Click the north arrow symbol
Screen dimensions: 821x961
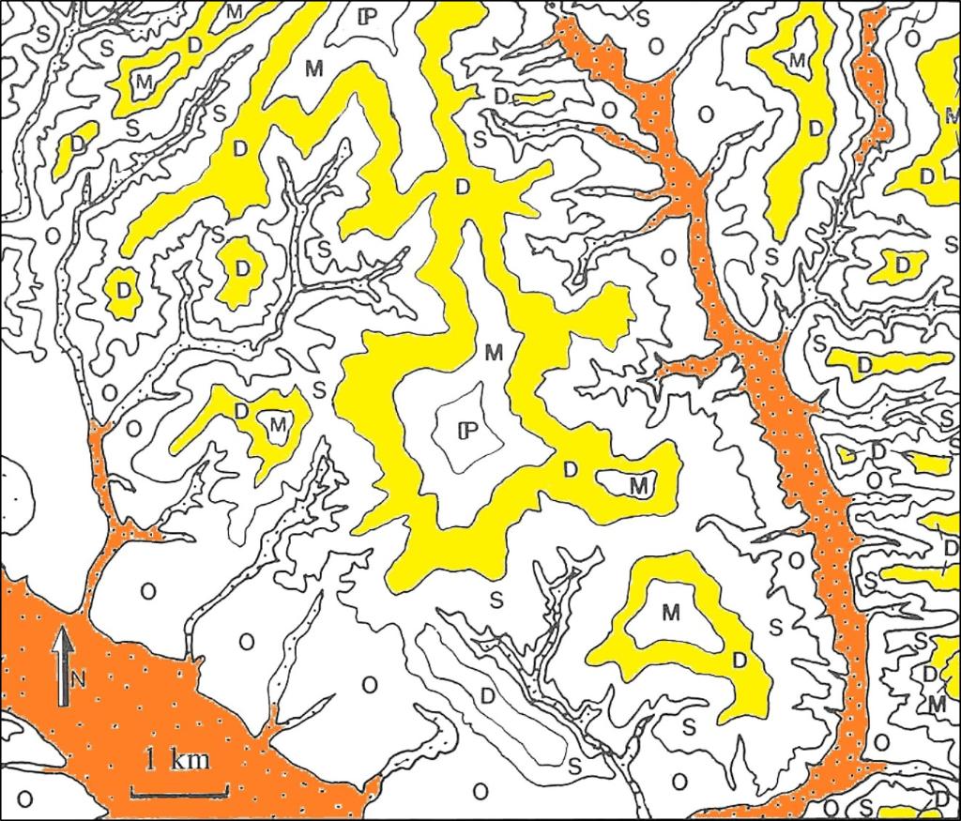coord(63,666)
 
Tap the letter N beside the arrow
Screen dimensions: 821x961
coord(79,681)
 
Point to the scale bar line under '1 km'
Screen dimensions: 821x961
coord(178,794)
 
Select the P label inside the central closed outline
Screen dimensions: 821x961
coord(465,431)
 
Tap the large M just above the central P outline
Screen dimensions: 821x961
coord(496,353)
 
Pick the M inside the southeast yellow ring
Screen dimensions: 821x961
coord(670,613)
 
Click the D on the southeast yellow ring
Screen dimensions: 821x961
coord(739,660)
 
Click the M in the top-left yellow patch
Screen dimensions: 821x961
coord(144,82)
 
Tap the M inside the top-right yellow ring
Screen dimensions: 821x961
coord(798,60)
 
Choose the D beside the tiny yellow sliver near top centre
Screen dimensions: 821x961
coord(502,97)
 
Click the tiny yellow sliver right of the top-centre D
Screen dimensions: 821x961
coord(532,97)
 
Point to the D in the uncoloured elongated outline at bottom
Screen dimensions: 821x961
coord(487,695)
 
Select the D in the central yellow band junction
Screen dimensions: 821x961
coord(462,187)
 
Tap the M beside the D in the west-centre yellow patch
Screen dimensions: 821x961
coord(276,425)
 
